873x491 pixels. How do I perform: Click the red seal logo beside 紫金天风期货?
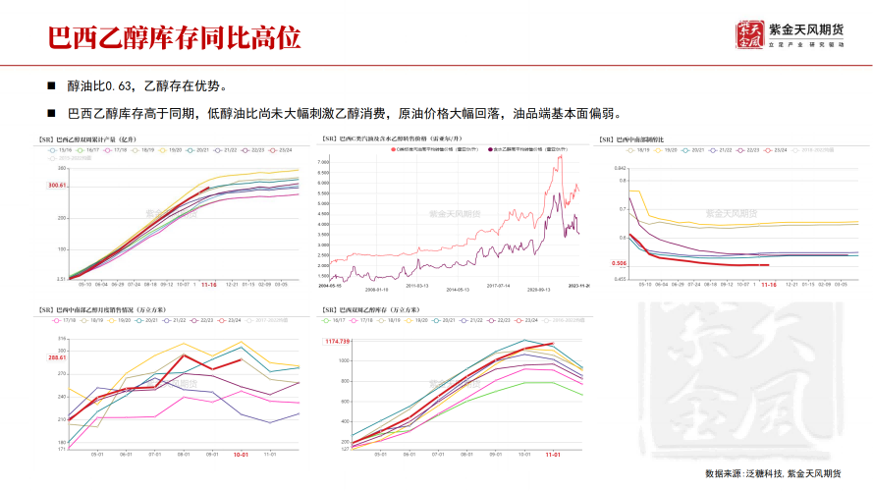[748, 35]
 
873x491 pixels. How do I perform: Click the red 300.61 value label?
[55, 186]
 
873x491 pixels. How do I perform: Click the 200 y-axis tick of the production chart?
[62, 217]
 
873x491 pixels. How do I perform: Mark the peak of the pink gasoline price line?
[560, 155]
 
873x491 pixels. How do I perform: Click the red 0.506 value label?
[619, 263]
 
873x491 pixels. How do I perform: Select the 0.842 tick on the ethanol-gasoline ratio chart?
[620, 169]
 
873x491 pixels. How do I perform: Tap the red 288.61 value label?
[56, 357]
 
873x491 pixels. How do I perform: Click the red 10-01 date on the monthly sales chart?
[241, 455]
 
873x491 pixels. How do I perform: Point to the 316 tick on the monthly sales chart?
[61, 340]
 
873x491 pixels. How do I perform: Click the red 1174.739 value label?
[338, 341]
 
